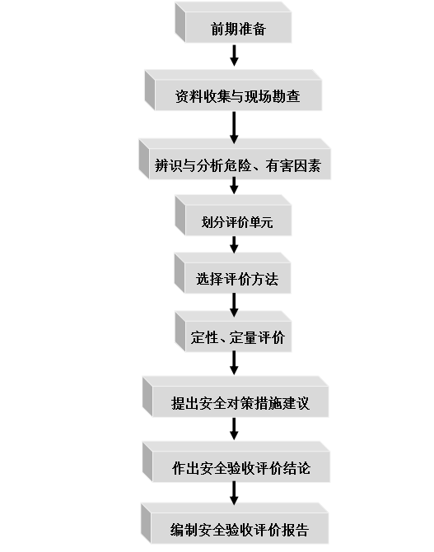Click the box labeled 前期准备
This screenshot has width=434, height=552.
click(233, 22)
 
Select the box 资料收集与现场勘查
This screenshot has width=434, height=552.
click(233, 90)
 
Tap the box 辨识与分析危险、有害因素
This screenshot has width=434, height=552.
click(235, 159)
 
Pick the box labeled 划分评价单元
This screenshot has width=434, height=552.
click(233, 216)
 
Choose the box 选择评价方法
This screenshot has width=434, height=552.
click(233, 273)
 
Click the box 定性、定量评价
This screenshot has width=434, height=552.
click(233, 332)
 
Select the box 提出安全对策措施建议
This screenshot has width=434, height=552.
click(236, 397)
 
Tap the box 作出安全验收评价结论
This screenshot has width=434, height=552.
click(236, 462)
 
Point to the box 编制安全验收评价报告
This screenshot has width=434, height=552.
click(235, 523)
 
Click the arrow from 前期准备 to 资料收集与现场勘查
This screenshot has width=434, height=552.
click(234, 55)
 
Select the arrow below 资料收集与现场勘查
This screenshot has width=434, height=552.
click(234, 128)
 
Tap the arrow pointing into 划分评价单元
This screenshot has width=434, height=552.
click(234, 185)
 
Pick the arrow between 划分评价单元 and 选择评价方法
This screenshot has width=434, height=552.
click(234, 244)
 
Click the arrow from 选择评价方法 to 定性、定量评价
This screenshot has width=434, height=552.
click(234, 305)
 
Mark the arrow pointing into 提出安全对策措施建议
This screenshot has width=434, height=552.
click(234, 363)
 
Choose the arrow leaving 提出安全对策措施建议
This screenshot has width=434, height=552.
click(234, 429)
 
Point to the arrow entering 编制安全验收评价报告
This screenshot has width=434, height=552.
click(234, 493)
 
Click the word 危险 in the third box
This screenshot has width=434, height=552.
click(238, 165)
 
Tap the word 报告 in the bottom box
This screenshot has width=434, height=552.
click(296, 530)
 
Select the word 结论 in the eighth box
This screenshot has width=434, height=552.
click(296, 468)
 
